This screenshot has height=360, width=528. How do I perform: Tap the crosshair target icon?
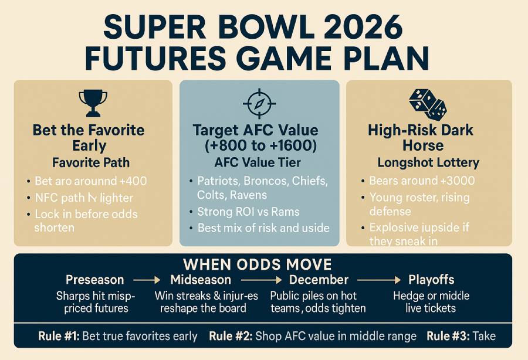pyautogui.click(x=259, y=104)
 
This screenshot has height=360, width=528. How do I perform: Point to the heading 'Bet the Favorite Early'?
pyautogui.click(x=89, y=137)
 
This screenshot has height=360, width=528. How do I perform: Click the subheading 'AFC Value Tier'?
pyautogui.click(x=259, y=162)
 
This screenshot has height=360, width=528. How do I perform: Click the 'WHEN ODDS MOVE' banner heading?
pyautogui.click(x=258, y=264)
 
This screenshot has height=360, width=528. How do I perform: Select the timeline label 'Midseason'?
pyautogui.click(x=201, y=280)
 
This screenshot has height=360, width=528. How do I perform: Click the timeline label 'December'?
pyautogui.click(x=319, y=280)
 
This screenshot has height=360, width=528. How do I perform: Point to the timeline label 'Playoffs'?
pyautogui.click(x=431, y=280)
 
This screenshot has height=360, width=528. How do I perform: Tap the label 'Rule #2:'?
pyautogui.click(x=230, y=336)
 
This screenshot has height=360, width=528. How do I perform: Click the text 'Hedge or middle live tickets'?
pyautogui.click(x=431, y=301)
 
